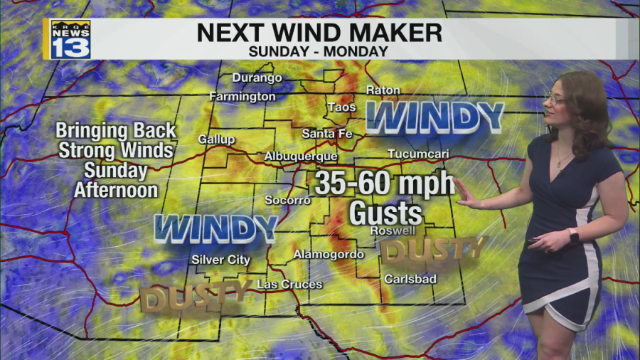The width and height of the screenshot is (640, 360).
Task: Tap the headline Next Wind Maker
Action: tap(319, 33)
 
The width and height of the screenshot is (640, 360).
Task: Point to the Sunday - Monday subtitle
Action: tap(319, 51)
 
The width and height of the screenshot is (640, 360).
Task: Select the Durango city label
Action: tap(257, 78)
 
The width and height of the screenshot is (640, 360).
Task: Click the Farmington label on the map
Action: tap(242, 96)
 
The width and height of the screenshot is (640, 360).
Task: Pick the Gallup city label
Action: tap(216, 139)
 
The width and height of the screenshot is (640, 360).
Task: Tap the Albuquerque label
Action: tap(300, 156)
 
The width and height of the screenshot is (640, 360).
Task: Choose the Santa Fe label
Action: tap(327, 133)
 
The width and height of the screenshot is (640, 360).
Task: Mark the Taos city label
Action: tap(341, 107)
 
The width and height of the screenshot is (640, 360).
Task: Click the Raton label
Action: tap(383, 90)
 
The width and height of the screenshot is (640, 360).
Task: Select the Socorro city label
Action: tap(287, 200)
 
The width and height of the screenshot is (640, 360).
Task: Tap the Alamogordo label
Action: tap(329, 254)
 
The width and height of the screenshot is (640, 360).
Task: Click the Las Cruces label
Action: tap(289, 285)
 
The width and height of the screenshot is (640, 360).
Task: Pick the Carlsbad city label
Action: tap(410, 279)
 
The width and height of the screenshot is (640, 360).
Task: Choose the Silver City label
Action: tap(220, 260)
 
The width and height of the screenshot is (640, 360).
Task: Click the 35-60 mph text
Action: tap(384, 184)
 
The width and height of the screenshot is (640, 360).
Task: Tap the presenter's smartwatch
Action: tap(573, 235)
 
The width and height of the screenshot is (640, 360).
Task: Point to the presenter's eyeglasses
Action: tap(555, 99)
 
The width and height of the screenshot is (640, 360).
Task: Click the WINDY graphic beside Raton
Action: tap(434, 117)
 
